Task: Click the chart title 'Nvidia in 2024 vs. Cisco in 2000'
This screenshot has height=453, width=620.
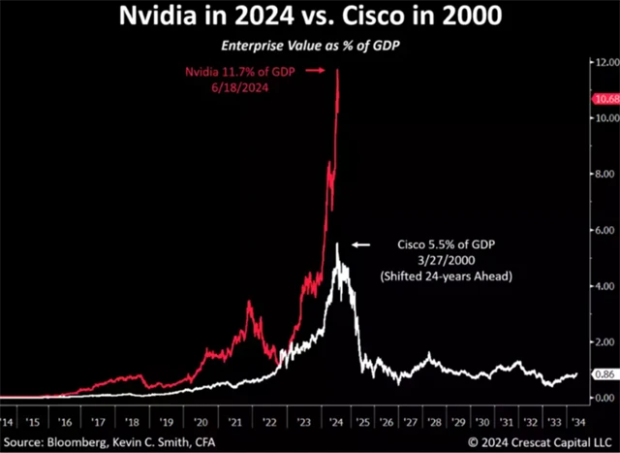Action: [309, 16]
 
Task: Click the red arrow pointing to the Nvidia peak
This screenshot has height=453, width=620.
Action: [320, 71]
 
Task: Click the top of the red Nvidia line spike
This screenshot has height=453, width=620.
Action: [338, 70]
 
